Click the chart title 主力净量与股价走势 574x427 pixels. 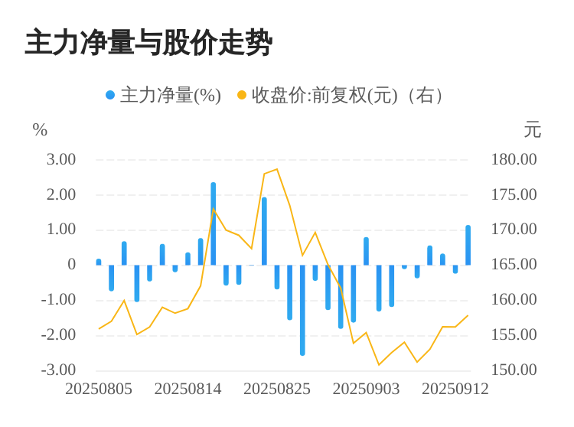(148, 44)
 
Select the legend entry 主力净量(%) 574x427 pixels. (163, 96)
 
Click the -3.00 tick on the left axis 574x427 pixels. (59, 370)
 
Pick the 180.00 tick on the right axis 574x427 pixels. (514, 159)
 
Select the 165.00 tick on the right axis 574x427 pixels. (514, 265)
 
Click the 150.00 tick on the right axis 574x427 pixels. (514, 370)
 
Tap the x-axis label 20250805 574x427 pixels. (99, 389)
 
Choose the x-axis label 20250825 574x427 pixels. (277, 389)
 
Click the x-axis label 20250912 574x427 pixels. (455, 389)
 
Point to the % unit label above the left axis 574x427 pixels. (40, 130)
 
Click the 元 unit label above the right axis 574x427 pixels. (532, 130)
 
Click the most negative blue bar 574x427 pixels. (302, 310)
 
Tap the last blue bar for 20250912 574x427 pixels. (468, 245)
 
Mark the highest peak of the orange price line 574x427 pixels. (277, 169)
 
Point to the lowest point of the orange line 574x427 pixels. (379, 364)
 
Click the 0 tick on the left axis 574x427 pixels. (71, 265)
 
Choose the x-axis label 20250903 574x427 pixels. (366, 389)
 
